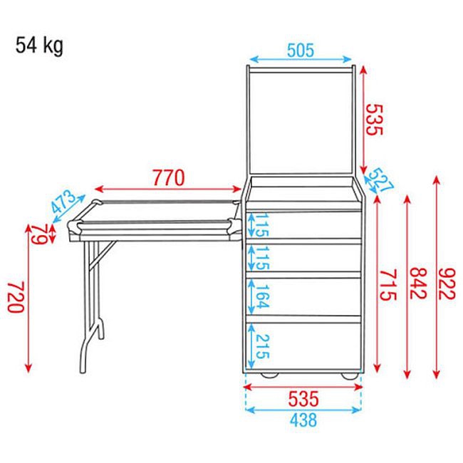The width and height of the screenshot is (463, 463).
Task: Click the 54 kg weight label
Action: click(x=39, y=46)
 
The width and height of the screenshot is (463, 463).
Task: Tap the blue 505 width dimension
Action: click(x=301, y=51)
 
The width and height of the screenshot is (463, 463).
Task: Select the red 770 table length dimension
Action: click(x=170, y=176)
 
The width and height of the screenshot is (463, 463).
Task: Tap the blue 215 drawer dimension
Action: click(x=261, y=347)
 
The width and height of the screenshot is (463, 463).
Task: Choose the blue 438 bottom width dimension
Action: click(x=303, y=420)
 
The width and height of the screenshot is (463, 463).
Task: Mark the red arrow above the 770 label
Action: click(x=170, y=189)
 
